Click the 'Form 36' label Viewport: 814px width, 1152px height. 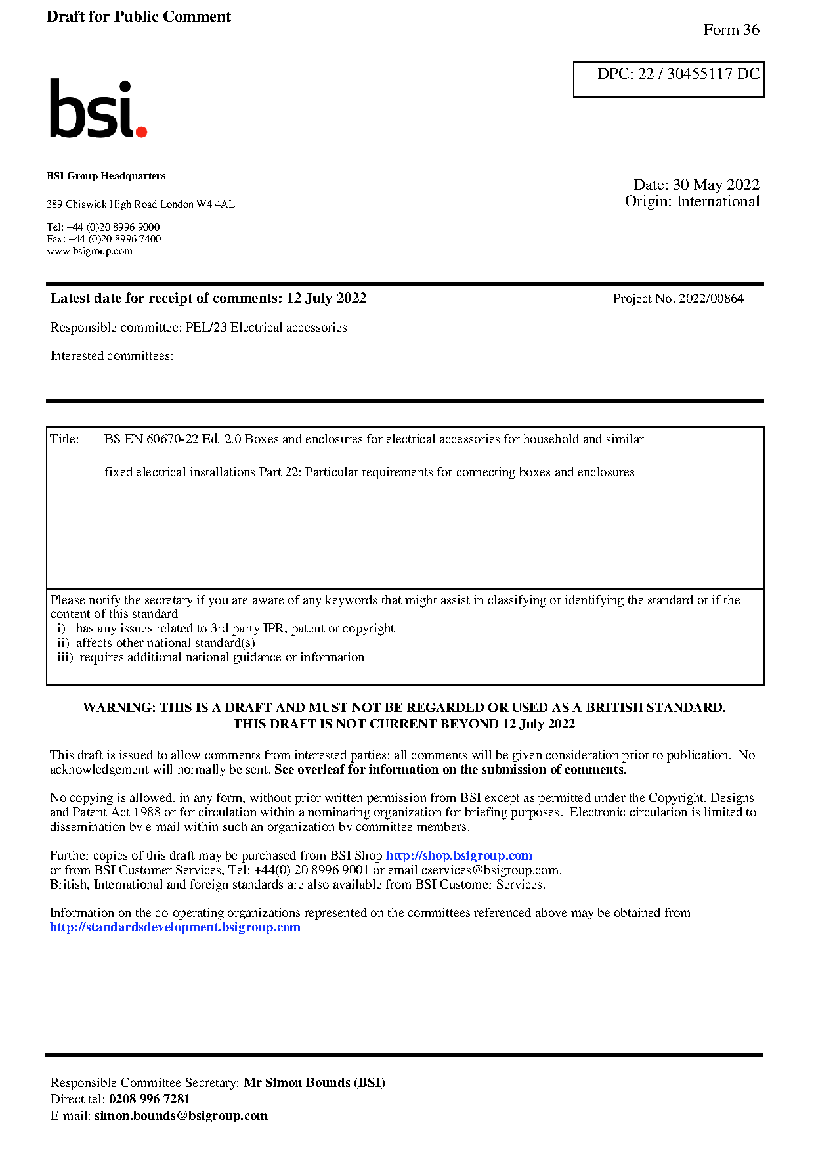click(731, 30)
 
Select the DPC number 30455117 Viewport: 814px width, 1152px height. click(699, 74)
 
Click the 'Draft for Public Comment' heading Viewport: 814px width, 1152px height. click(139, 16)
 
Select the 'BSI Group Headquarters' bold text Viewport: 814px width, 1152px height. click(106, 176)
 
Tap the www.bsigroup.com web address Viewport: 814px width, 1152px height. click(89, 251)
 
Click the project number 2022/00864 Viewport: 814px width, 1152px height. click(711, 299)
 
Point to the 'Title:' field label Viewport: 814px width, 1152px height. click(64, 439)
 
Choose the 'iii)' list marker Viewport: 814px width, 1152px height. click(65, 657)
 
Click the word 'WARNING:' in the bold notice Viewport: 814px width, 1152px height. click(119, 708)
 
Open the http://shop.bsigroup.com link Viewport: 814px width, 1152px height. click(458, 856)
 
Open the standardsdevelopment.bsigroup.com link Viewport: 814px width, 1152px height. click(175, 927)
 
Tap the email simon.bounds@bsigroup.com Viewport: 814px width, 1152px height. click(181, 1116)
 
